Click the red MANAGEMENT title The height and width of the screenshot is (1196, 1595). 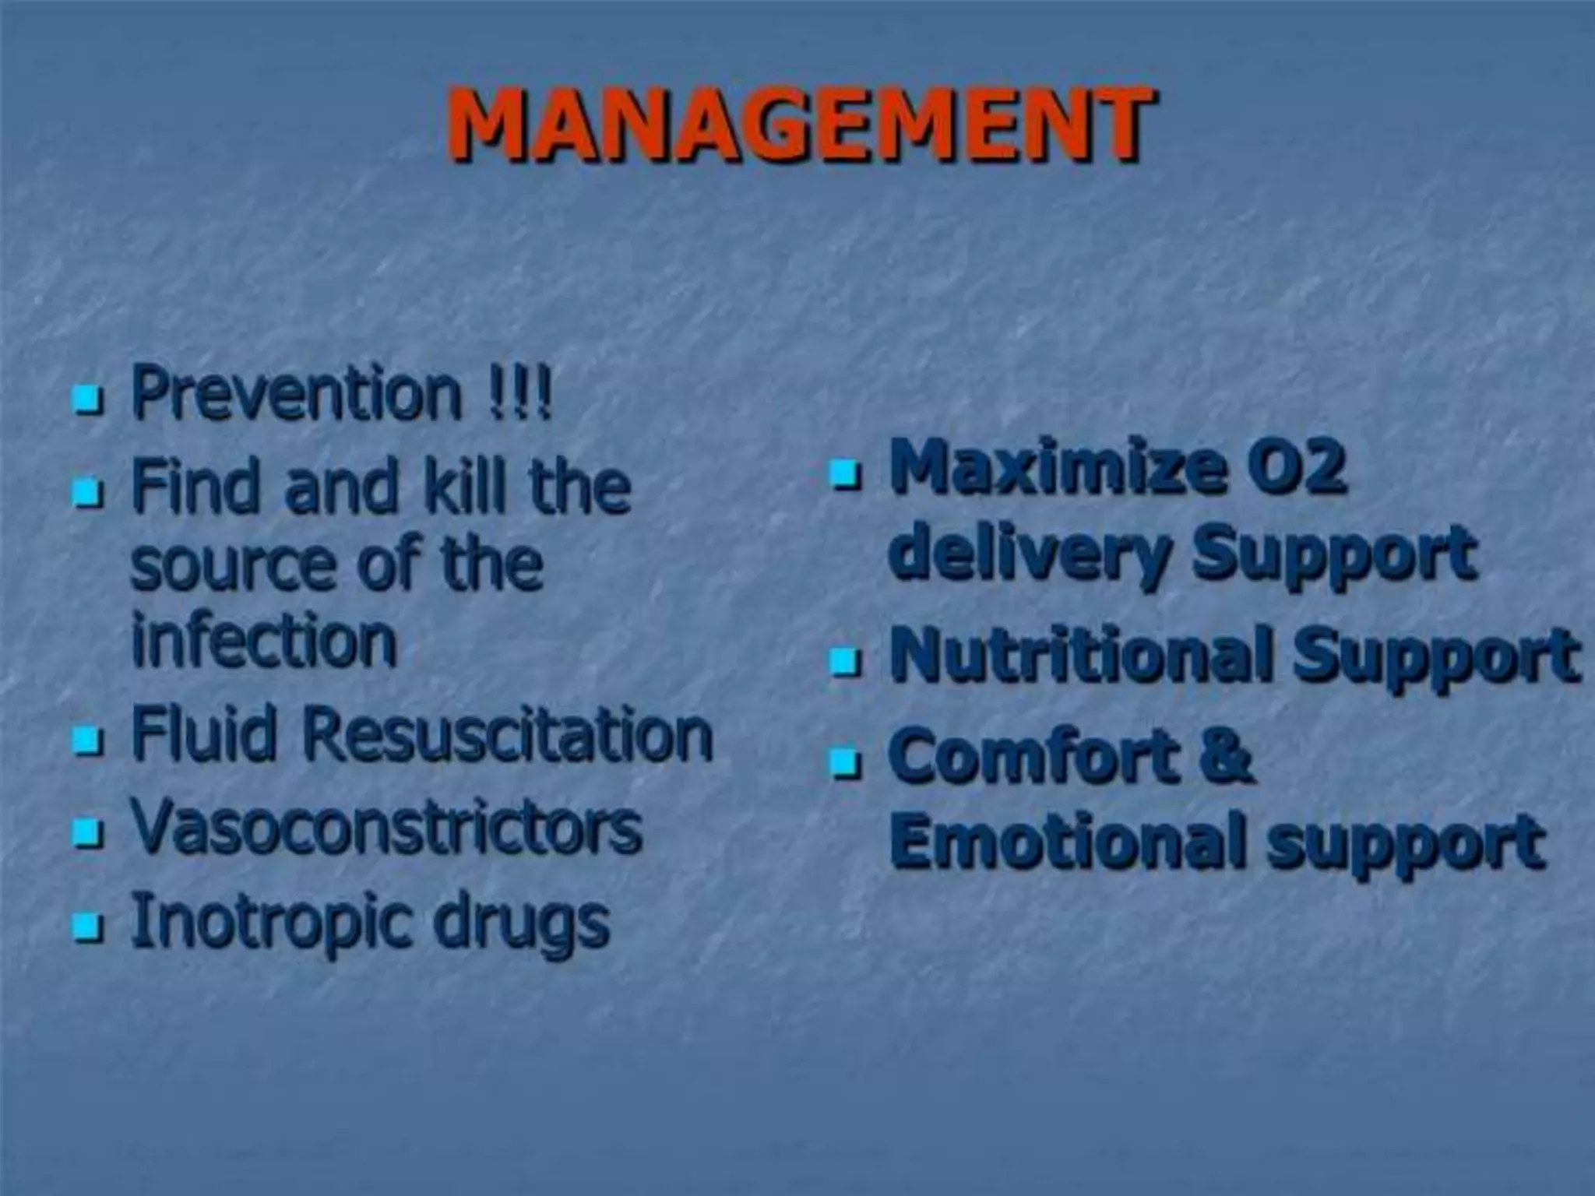point(800,125)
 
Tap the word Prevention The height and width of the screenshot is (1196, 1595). point(297,392)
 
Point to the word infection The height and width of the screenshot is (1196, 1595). point(264,642)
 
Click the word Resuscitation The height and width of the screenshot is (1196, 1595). point(507,735)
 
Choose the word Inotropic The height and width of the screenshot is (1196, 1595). point(269,923)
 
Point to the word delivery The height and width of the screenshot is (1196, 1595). point(1029,553)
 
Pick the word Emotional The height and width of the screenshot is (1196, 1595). point(1068,841)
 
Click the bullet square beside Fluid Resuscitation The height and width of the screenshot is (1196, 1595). point(87,740)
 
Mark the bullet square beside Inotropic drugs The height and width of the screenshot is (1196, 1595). point(87,927)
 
